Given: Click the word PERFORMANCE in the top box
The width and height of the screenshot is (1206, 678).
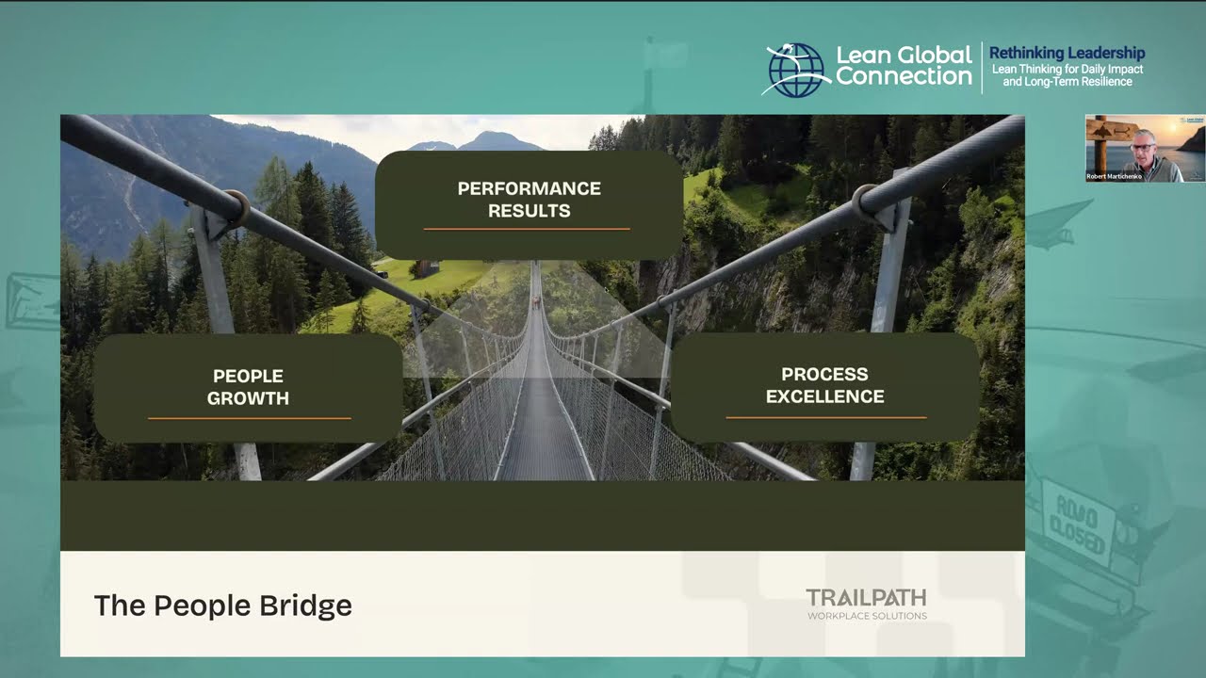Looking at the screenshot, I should (529, 188).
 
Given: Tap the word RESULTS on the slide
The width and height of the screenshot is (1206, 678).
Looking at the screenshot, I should (529, 211).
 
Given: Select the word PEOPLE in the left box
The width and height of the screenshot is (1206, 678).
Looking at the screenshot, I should (248, 377).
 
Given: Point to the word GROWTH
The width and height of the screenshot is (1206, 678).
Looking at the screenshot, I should (248, 398).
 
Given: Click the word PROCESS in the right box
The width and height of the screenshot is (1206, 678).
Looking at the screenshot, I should (824, 375).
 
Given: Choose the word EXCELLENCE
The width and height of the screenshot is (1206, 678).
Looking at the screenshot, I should (824, 396).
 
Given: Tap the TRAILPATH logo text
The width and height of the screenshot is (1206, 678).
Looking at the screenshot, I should (866, 597).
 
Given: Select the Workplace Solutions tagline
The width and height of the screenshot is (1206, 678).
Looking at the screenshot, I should (867, 617).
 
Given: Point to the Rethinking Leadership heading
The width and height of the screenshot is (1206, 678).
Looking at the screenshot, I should (1067, 54).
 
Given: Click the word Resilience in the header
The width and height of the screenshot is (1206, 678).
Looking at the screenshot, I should (1105, 82).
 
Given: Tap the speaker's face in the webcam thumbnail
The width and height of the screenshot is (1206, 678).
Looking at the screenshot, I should (1144, 143).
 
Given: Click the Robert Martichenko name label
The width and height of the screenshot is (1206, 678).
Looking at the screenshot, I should (1114, 176).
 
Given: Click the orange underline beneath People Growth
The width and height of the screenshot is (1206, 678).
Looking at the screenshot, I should (250, 418).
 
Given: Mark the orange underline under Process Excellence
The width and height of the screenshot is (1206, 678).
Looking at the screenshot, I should (825, 417).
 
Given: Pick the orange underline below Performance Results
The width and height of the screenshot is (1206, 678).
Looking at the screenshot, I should (527, 229).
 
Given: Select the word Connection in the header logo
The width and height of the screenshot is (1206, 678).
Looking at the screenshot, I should (903, 77).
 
